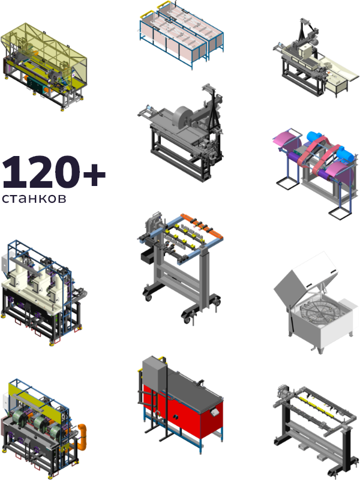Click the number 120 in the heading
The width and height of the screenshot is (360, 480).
(41, 172)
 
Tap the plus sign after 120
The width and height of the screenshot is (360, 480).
(94, 175)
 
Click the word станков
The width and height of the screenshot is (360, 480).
(34, 199)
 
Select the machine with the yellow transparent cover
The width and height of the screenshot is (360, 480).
(44, 66)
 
